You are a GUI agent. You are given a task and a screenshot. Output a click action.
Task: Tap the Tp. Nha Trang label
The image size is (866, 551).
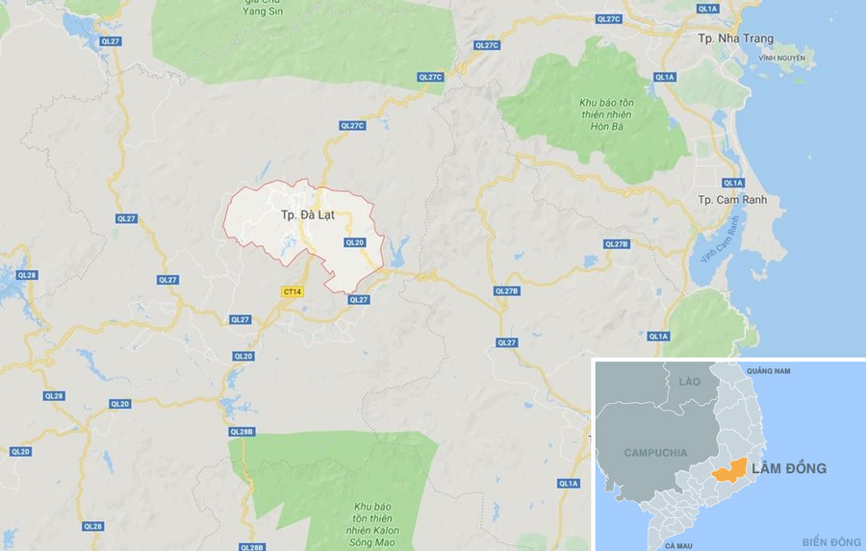(735, 38)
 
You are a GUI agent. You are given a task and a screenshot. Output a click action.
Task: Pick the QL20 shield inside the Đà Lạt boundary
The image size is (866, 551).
(354, 242)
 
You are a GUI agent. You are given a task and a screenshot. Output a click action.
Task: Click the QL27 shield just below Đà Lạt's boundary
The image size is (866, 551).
(358, 299)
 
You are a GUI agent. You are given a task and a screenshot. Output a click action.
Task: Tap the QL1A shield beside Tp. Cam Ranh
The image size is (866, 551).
(733, 183)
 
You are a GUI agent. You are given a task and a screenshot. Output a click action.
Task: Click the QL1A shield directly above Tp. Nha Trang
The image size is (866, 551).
(708, 9)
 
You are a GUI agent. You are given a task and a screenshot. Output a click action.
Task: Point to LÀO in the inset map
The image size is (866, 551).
(689, 382)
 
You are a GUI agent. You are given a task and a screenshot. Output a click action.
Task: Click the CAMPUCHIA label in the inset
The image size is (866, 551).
(655, 452)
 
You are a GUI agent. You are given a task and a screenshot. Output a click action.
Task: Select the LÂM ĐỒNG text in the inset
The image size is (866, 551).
(788, 468)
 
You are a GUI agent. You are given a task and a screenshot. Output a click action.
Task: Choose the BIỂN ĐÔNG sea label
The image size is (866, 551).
(830, 542)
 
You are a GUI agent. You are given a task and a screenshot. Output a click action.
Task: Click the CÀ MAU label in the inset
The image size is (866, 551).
(678, 545)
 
